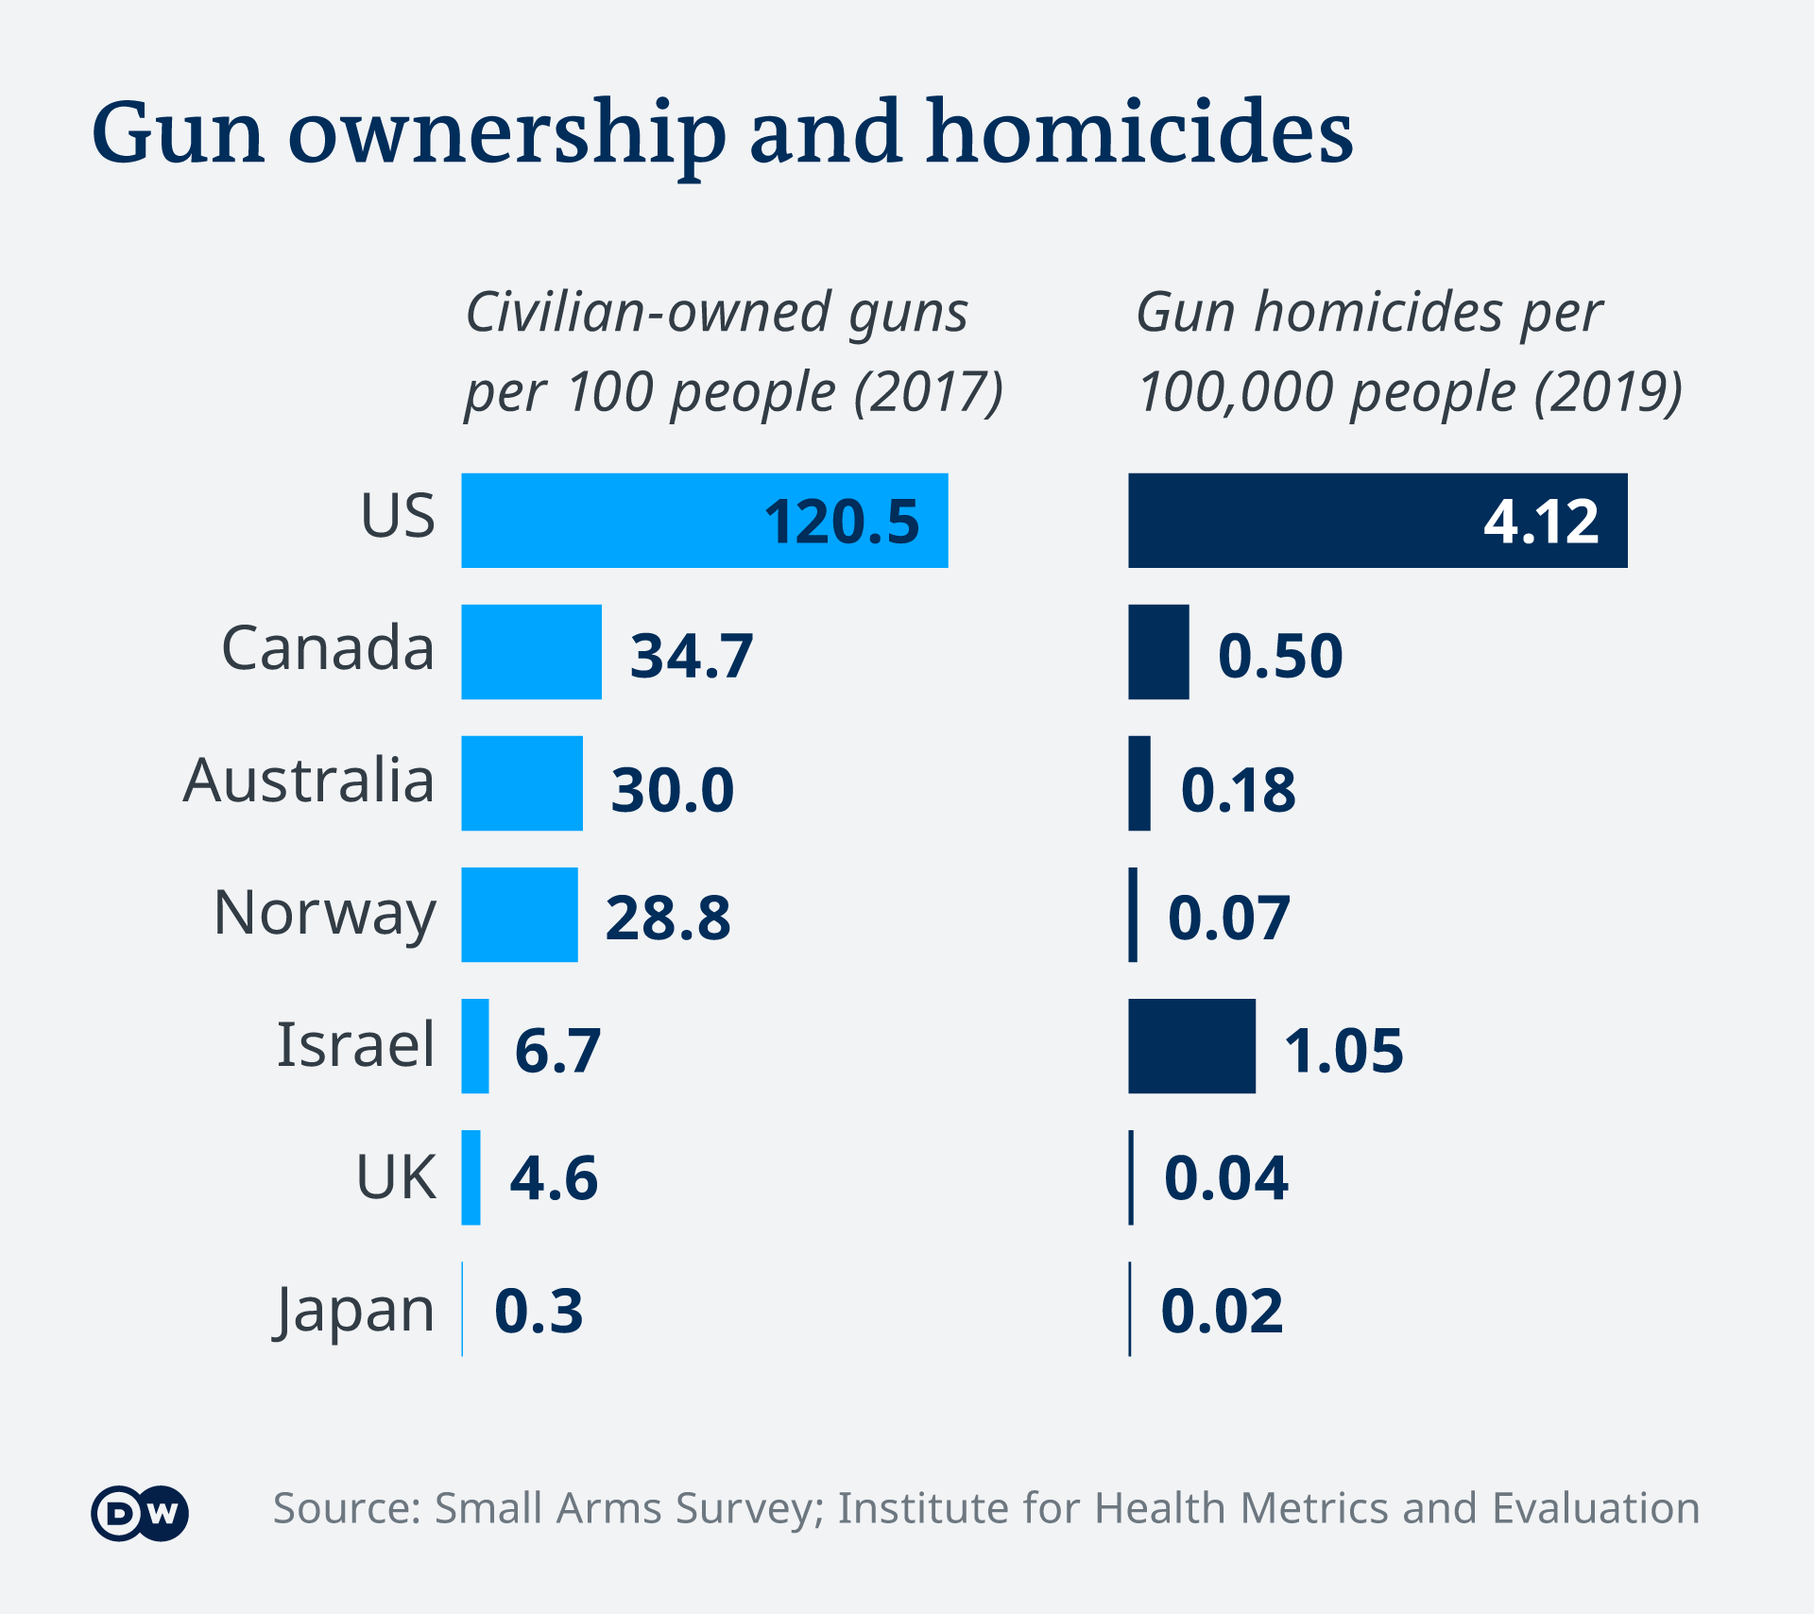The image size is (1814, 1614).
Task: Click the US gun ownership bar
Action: click(704, 520)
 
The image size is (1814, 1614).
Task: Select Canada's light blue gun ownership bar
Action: click(531, 652)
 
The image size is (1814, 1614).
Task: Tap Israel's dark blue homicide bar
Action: click(1191, 1046)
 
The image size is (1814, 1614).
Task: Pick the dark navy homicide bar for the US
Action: click(1377, 520)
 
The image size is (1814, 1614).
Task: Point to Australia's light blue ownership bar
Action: click(522, 783)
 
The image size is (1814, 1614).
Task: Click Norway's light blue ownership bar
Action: click(519, 915)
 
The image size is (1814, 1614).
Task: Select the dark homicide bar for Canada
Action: click(1158, 652)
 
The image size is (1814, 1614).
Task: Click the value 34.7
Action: click(692, 656)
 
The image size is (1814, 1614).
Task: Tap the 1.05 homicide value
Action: click(1343, 1050)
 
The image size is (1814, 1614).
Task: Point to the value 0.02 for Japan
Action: click(1222, 1311)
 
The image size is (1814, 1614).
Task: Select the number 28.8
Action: click(668, 918)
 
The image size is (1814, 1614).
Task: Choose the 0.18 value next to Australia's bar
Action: click(1238, 789)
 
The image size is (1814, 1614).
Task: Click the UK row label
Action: click(396, 1177)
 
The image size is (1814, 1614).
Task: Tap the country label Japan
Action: click(355, 1312)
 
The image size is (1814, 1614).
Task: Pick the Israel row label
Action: click(355, 1045)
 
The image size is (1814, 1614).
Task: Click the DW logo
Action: click(140, 1514)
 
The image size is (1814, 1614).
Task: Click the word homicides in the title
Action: click(1139, 132)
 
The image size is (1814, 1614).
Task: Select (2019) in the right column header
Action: click(1608, 392)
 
